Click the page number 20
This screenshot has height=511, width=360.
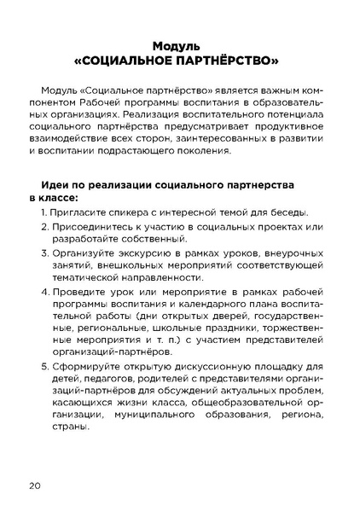coord(34,485)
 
